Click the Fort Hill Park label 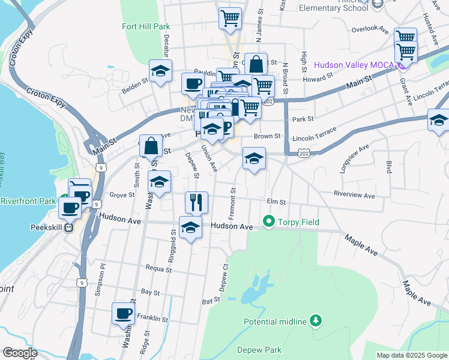(146, 26)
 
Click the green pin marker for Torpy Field (268, 222)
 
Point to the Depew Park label (259, 350)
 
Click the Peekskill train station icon (69, 227)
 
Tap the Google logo (20, 353)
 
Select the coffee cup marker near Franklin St (124, 313)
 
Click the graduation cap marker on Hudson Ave (191, 227)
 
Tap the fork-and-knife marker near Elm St (196, 202)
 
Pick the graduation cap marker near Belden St (160, 71)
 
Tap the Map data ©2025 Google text (411, 355)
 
